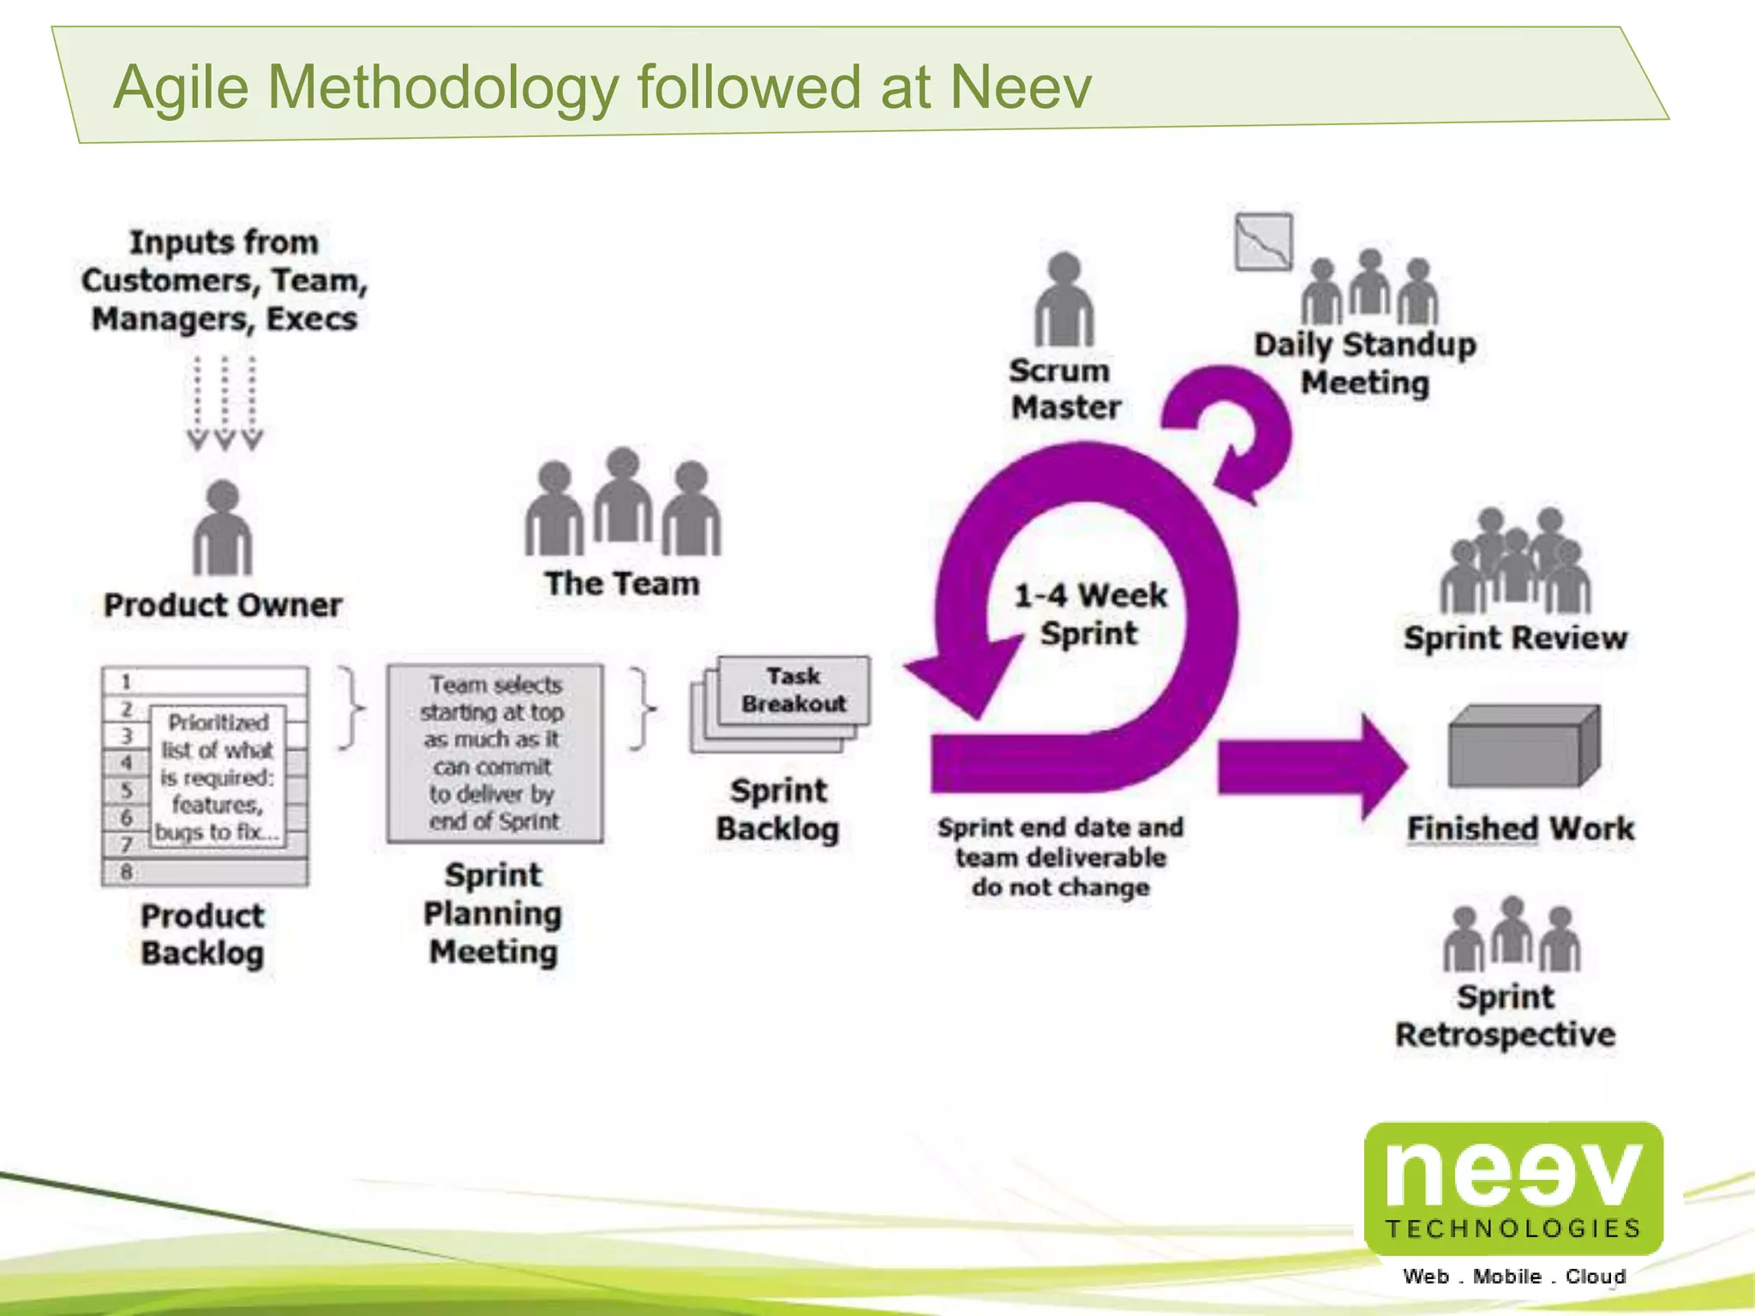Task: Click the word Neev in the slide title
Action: [x=1020, y=87]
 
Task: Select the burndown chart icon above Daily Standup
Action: [x=1263, y=242]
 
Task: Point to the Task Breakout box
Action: [x=794, y=690]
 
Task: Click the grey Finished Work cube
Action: [x=1523, y=746]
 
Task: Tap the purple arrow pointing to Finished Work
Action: [x=1311, y=765]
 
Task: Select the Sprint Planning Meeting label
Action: [x=493, y=913]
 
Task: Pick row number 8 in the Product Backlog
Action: [x=127, y=872]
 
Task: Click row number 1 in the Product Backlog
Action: [x=127, y=682]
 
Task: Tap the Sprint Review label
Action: [x=1514, y=638]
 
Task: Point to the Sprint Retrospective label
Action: [x=1506, y=1015]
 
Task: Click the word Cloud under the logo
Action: [x=1595, y=1277]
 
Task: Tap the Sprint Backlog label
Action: [x=778, y=810]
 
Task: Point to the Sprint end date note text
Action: [x=1060, y=857]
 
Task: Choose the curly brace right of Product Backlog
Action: [x=351, y=708]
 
